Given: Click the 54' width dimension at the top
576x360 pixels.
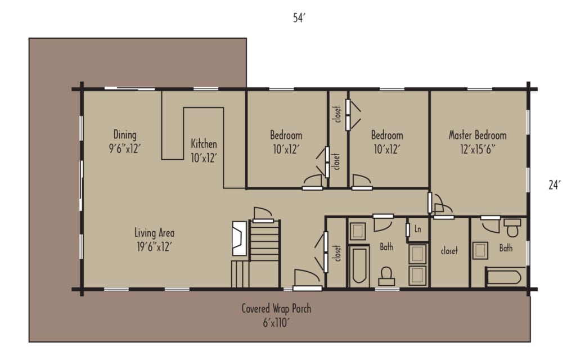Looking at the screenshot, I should pyautogui.click(x=299, y=18).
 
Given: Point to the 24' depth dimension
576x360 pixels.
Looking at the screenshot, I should pyautogui.click(x=554, y=184).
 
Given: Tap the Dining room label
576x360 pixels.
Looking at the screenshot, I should pyautogui.click(x=125, y=135).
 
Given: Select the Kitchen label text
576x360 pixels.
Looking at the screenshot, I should pyautogui.click(x=204, y=144).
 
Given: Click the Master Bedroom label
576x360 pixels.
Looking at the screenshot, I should pyautogui.click(x=477, y=135).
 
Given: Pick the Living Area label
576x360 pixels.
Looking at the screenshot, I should pyautogui.click(x=154, y=232).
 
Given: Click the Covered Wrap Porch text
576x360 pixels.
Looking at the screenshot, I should pyautogui.click(x=276, y=308).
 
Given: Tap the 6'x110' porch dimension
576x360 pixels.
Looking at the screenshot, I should pyautogui.click(x=276, y=322).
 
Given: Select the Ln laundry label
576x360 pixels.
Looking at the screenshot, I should pyautogui.click(x=418, y=229).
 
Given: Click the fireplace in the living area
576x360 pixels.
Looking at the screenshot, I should pyautogui.click(x=238, y=235).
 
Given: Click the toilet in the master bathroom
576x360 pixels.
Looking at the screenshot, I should pyautogui.click(x=512, y=228).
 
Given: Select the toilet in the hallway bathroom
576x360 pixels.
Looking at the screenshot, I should pyautogui.click(x=386, y=276).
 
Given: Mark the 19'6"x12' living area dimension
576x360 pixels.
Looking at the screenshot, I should pyautogui.click(x=154, y=246).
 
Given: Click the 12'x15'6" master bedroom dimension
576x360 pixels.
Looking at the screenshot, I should pyautogui.click(x=477, y=149).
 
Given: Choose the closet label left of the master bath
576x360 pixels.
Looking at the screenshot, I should pyautogui.click(x=449, y=251).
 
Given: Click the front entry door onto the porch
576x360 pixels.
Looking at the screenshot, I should pyautogui.click(x=307, y=281).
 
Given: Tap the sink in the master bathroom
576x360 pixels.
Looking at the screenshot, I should pyautogui.click(x=480, y=250).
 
